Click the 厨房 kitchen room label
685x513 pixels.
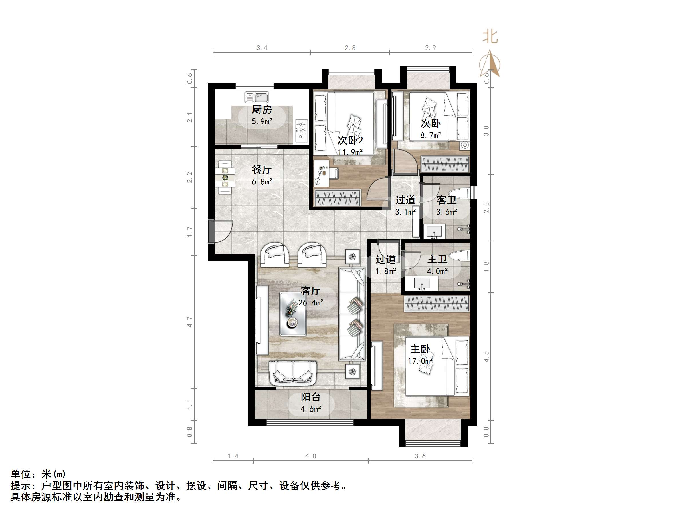(x=262, y=109)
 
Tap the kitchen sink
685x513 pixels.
(x=257, y=97)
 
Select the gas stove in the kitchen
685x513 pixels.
(x=301, y=130)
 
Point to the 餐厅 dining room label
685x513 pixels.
(x=262, y=169)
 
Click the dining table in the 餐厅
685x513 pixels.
(x=225, y=177)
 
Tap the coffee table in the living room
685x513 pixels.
(x=293, y=314)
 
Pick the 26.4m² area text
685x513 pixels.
(x=311, y=302)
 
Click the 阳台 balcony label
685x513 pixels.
(x=311, y=397)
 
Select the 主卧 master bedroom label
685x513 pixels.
(x=420, y=349)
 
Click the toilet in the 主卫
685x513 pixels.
(x=460, y=255)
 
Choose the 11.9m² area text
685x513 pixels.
(x=350, y=152)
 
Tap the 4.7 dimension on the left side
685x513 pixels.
(x=189, y=322)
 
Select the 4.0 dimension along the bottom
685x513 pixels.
(x=311, y=456)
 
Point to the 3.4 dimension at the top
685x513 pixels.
(x=262, y=48)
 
